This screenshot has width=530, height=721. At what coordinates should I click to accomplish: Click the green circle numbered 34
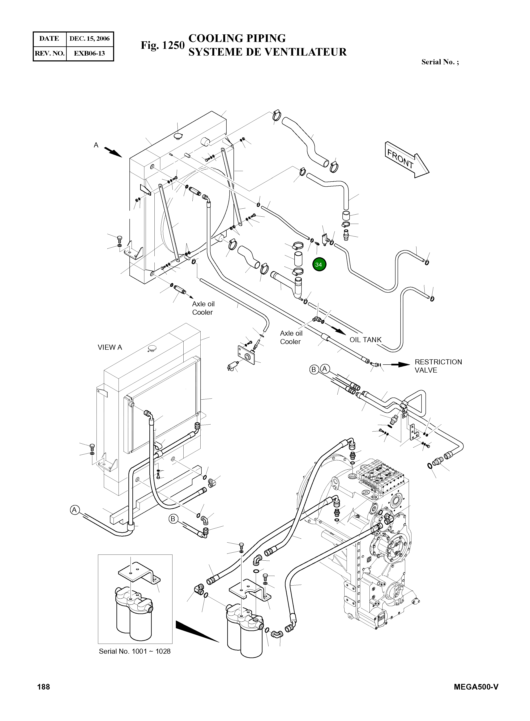coord(319,265)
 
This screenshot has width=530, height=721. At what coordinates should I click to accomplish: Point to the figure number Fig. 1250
coord(163,45)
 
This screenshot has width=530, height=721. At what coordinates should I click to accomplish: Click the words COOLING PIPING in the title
coord(237,38)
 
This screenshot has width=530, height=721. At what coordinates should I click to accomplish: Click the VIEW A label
coord(110,347)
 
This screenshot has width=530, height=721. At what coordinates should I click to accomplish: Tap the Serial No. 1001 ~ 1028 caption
coord(135,651)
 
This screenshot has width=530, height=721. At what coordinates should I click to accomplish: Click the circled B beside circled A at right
coord(314,370)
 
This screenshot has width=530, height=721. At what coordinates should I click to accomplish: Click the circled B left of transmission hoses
coord(173,519)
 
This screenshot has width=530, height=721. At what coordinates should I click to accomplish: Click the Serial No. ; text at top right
coord(440,62)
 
